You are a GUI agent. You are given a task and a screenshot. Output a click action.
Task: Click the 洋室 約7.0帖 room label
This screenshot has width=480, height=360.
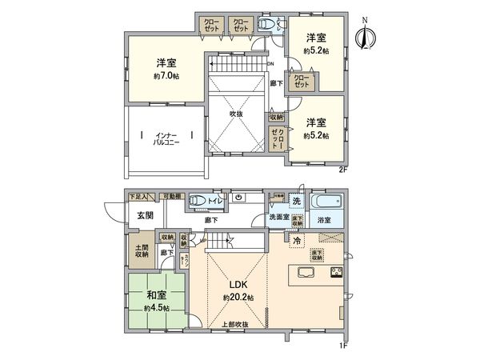click(166, 69)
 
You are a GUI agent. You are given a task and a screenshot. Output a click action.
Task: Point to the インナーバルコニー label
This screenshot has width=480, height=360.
click(166, 138)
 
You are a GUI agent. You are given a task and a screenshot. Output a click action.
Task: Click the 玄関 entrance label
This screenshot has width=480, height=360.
click(144, 215)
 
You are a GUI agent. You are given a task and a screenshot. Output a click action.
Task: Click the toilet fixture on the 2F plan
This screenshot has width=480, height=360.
click(267, 25)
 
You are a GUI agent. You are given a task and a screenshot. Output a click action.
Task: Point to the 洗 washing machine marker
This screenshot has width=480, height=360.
click(296, 199)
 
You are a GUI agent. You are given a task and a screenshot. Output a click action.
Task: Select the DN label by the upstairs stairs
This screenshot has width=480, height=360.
click(271, 64)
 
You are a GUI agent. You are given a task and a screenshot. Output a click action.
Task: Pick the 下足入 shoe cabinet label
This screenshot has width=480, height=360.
click(141, 194)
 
